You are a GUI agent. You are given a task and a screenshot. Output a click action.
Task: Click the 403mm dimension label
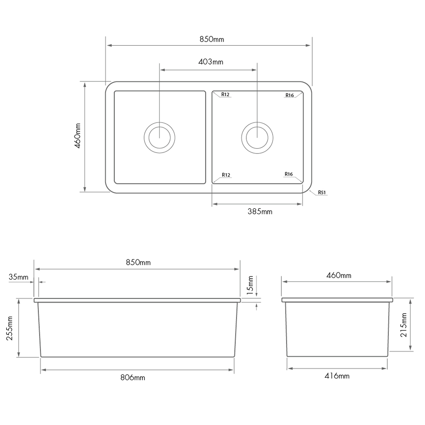pyautogui.click(x=211, y=62)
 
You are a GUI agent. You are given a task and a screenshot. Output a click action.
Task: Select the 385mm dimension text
pyautogui.click(x=260, y=212)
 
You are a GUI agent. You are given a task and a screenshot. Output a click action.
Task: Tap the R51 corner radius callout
pyautogui.click(x=322, y=192)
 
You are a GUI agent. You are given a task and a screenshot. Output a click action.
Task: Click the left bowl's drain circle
pyautogui.click(x=159, y=137)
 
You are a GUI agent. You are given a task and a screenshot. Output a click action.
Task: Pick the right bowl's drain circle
pyautogui.click(x=257, y=137)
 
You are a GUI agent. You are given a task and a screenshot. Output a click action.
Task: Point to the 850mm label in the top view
pyautogui.click(x=212, y=39)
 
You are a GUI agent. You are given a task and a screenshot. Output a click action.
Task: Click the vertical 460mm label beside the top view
pyautogui.click(x=78, y=136)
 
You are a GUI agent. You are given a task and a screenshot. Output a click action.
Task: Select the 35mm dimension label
pyautogui.click(x=18, y=277)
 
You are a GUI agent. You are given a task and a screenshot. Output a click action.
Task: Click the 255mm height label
pyautogui.click(x=10, y=328)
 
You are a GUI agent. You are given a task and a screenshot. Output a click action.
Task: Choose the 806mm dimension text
pyautogui.click(x=133, y=378)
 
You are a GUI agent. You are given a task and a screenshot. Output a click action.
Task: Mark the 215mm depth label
pyautogui.click(x=403, y=325)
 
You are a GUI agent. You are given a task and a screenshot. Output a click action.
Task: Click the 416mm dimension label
pyautogui.click(x=337, y=376)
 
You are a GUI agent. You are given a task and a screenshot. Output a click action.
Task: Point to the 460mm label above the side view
pyautogui.click(x=338, y=275)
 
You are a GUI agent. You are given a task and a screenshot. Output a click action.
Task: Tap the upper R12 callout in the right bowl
pyautogui.click(x=225, y=94)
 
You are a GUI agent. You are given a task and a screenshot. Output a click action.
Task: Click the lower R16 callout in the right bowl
pyautogui.click(x=289, y=174)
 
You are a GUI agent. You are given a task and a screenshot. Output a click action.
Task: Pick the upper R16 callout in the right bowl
pyautogui.click(x=290, y=95)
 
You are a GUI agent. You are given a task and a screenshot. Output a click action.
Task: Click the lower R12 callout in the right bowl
pyautogui.click(x=226, y=175)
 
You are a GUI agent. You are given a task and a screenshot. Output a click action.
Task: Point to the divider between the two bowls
pyautogui.click(x=209, y=137)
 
